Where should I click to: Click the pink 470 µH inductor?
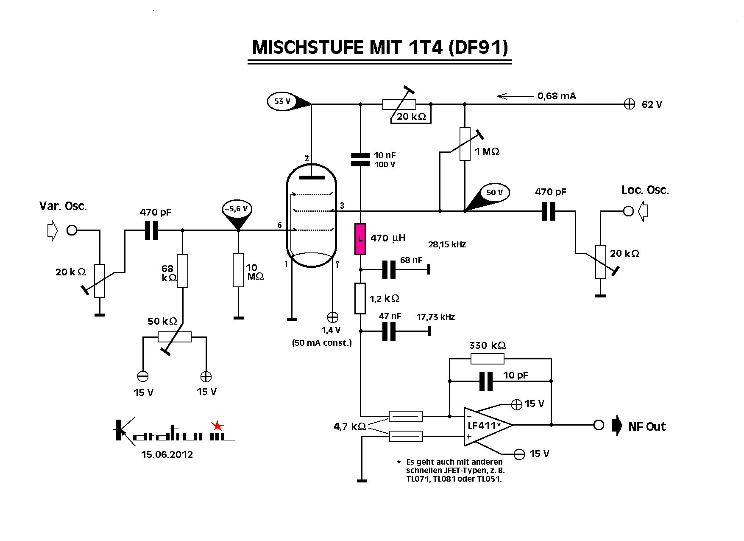pos(360,239)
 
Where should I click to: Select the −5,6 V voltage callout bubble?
pos(237,209)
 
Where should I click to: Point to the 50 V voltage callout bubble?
pos(494,192)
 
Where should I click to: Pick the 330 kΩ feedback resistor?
pos(487,359)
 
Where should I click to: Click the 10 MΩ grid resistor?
pos(238,270)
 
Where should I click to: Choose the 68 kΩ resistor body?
pos(182,271)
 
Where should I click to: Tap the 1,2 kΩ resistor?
pos(360,299)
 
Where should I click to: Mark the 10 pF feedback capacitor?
pos(486,381)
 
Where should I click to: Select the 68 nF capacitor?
pos(389,269)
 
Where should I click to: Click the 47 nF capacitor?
pos(389,331)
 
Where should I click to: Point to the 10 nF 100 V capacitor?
pos(360,160)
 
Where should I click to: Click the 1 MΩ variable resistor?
pos(465,144)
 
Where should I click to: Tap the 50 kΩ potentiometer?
pos(174,337)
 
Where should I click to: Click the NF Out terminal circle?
pos(598,425)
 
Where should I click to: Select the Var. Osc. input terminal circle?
pos(72,230)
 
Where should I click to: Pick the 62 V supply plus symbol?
pos(629,104)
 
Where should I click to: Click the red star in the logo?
pos(217,425)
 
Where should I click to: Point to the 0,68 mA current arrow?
pos(515,96)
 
